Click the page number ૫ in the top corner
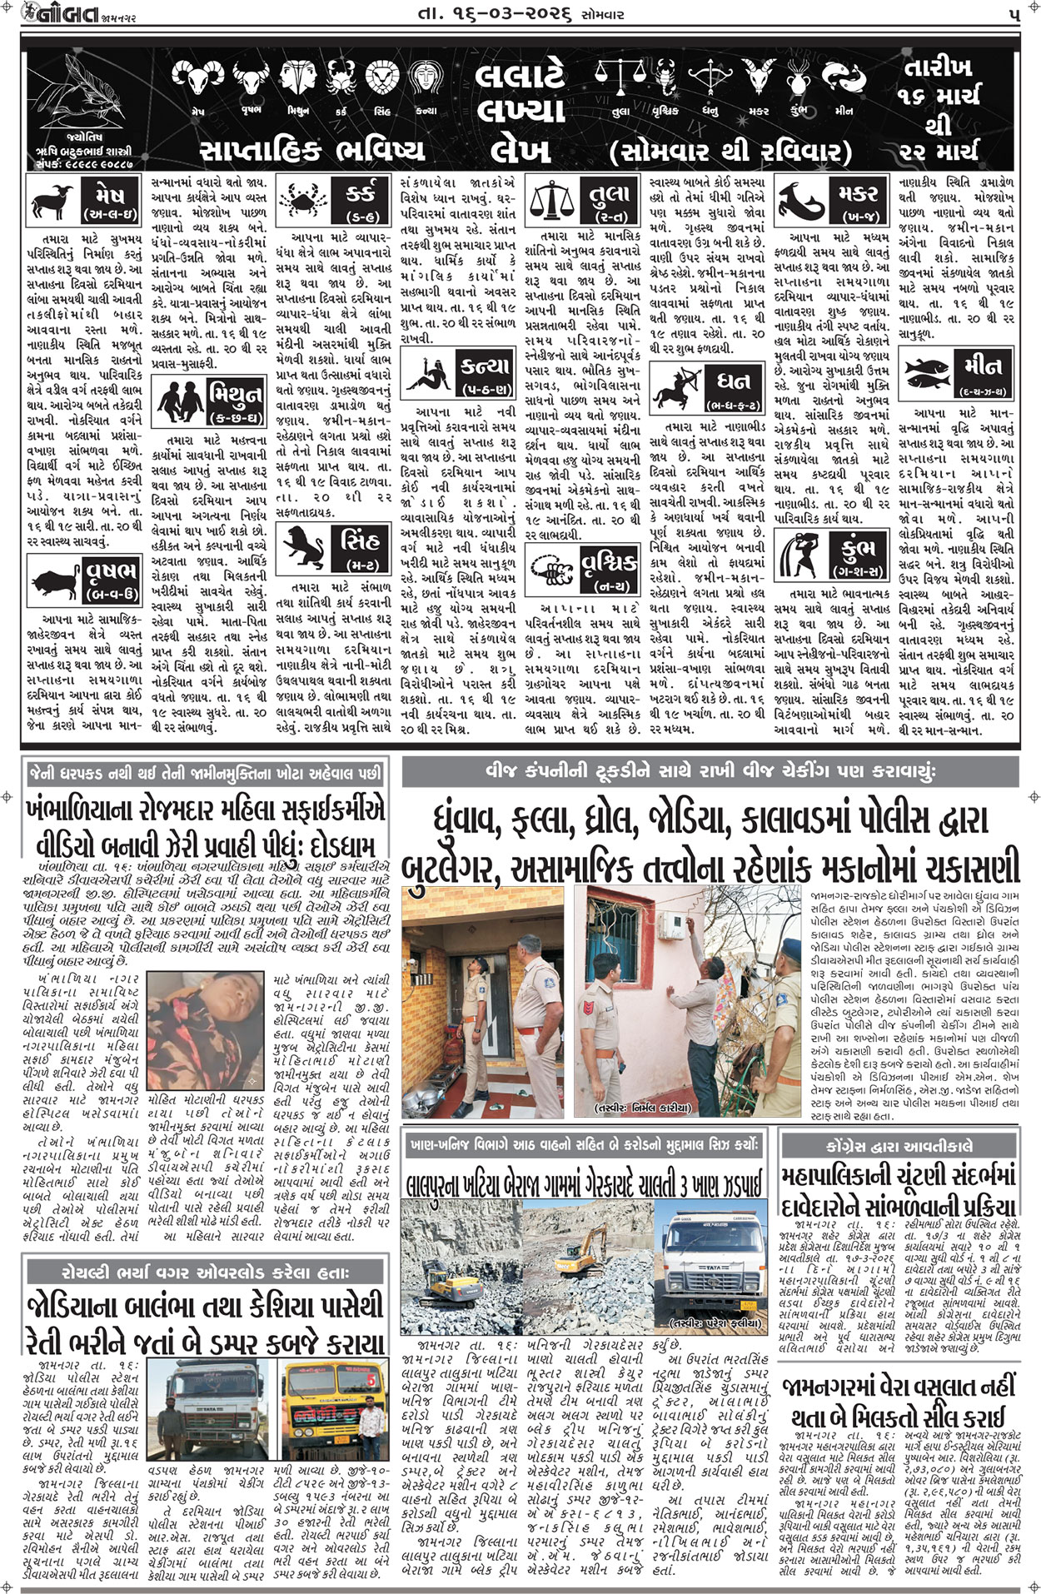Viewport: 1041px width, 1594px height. (1011, 13)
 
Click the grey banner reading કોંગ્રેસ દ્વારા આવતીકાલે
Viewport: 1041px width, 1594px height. (899, 1145)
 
